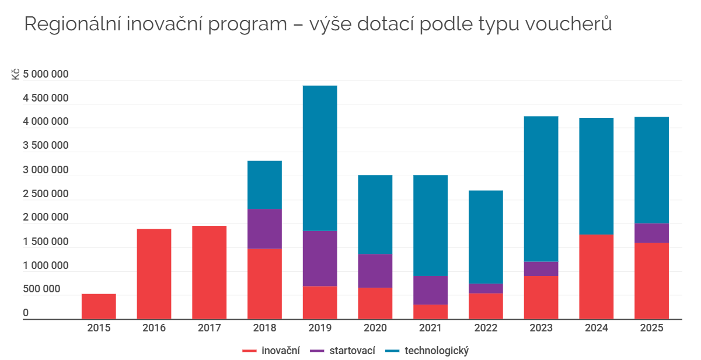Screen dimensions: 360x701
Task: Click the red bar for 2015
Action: point(99,306)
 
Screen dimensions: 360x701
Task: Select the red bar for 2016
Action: point(154,274)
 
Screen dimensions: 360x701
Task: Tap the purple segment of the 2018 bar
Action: point(264,229)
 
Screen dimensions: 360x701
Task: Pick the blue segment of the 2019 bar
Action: point(320,158)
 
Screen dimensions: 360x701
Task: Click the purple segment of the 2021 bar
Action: point(430,290)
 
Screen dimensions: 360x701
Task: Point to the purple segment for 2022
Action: point(486,288)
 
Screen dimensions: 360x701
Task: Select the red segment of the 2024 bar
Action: point(596,277)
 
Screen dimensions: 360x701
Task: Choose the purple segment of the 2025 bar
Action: point(651,233)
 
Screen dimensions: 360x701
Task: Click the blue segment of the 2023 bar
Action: point(540,189)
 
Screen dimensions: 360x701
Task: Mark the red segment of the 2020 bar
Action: point(375,303)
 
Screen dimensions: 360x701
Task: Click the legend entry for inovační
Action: point(271,351)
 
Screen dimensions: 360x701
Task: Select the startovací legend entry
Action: point(343,351)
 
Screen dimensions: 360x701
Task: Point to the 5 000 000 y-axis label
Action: point(46,74)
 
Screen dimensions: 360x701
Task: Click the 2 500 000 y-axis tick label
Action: point(46,194)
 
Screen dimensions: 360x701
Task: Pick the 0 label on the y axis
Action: point(26,313)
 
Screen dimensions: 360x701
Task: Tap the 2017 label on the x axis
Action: point(209,328)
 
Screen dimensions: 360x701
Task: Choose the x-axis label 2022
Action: point(486,328)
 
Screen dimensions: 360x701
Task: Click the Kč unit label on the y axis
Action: point(16,74)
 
